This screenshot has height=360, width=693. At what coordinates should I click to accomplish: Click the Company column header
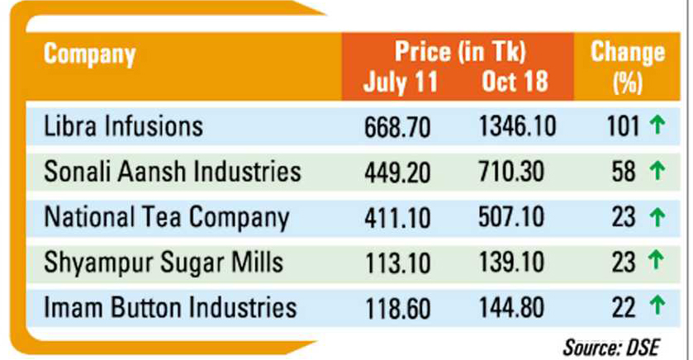[x=90, y=56]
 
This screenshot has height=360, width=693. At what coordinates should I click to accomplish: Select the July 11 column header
[x=399, y=83]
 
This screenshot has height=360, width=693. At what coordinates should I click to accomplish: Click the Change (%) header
[x=628, y=68]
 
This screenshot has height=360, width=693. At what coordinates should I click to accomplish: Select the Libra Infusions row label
[x=123, y=127]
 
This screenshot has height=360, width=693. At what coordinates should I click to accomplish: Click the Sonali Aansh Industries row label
[x=172, y=173]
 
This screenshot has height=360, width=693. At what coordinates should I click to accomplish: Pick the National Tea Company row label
[x=167, y=218]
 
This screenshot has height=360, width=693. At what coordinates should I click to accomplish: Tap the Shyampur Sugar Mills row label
[x=154, y=263]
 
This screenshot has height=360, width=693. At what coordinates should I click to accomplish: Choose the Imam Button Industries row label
[x=169, y=309]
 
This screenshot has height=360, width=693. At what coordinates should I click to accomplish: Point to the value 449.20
[x=400, y=173]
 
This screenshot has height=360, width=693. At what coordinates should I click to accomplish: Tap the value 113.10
[x=400, y=264]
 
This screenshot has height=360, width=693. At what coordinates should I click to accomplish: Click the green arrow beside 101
[x=657, y=126]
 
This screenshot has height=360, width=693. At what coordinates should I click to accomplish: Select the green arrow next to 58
[x=657, y=172]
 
